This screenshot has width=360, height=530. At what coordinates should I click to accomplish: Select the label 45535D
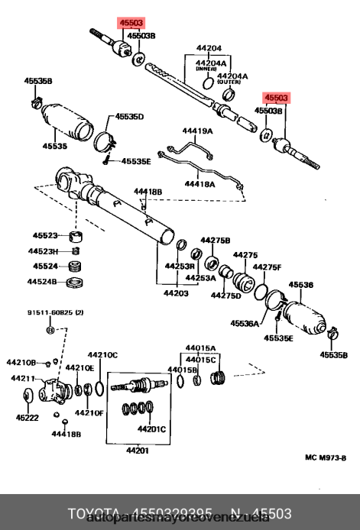pos(129,117)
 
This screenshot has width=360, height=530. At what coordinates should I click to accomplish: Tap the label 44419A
pos(197,131)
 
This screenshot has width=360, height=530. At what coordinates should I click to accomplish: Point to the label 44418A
pos(200,184)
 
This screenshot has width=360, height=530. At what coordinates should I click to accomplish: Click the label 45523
pos(45,235)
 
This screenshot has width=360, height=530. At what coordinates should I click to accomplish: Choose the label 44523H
pos(45,251)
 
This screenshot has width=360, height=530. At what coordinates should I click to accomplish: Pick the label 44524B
pos(44,282)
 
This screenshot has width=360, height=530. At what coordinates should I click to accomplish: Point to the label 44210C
pos(102,354)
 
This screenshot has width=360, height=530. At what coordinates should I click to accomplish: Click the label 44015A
pos(201,348)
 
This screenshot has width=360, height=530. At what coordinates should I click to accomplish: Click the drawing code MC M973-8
pos(326,458)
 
